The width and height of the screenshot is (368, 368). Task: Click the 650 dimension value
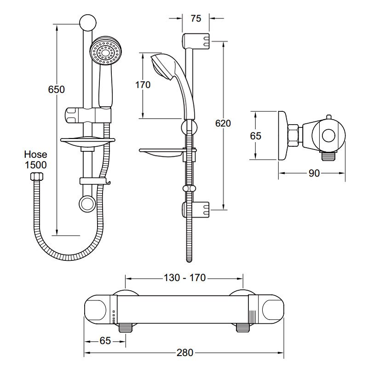[x=57, y=89]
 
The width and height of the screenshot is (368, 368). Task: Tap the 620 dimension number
[x=222, y=123]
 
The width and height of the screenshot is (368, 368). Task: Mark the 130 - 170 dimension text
[x=184, y=278]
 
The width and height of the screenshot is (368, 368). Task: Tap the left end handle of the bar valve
[x=98, y=309]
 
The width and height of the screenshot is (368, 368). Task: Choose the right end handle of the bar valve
[x=270, y=309]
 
